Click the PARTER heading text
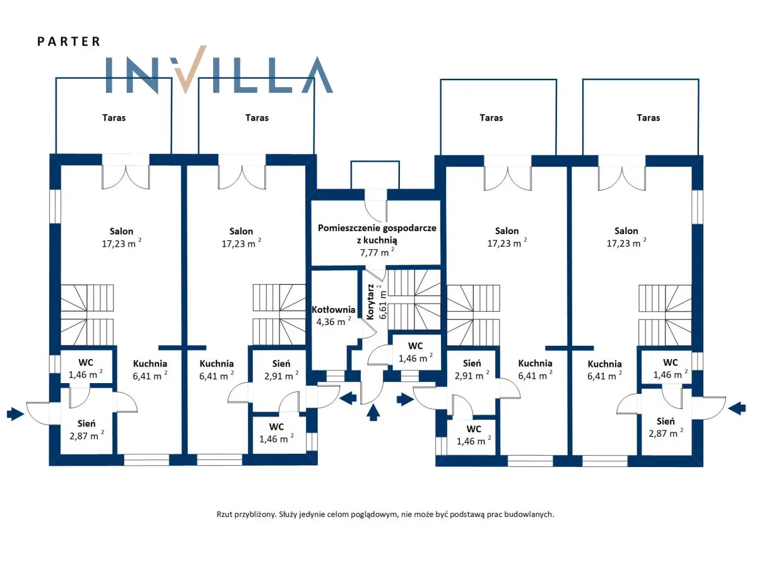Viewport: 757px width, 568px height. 69,42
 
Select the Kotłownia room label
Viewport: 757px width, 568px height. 334,310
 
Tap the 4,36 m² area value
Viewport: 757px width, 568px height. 334,321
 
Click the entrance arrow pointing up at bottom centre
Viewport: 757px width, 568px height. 373,413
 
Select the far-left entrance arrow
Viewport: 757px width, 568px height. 15,413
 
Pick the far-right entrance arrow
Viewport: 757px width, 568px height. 736,408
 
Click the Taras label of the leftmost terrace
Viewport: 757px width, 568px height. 114,117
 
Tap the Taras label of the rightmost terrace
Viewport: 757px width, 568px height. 648,117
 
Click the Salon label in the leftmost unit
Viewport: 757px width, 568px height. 122,231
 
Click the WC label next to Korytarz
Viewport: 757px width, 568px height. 415,346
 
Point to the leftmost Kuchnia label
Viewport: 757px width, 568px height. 150,364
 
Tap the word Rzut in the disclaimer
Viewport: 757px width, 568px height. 225,514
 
